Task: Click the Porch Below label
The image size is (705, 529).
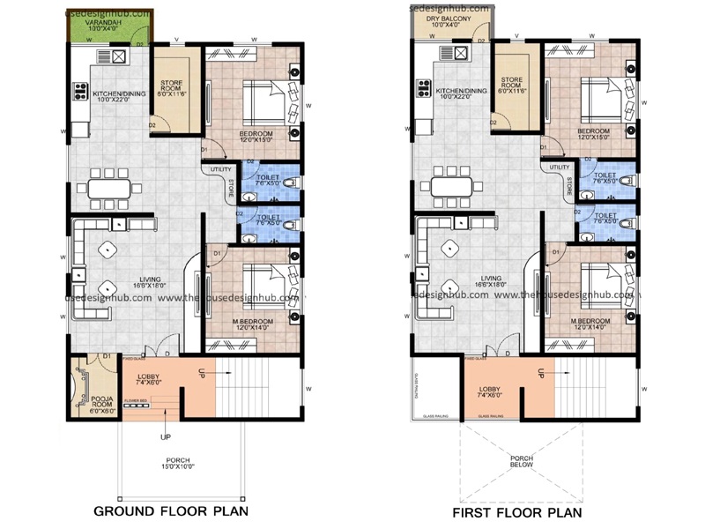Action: (519, 464)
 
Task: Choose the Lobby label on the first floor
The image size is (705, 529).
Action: (489, 389)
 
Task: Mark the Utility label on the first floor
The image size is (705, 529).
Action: (558, 165)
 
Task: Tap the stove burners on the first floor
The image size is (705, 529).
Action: (422, 87)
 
